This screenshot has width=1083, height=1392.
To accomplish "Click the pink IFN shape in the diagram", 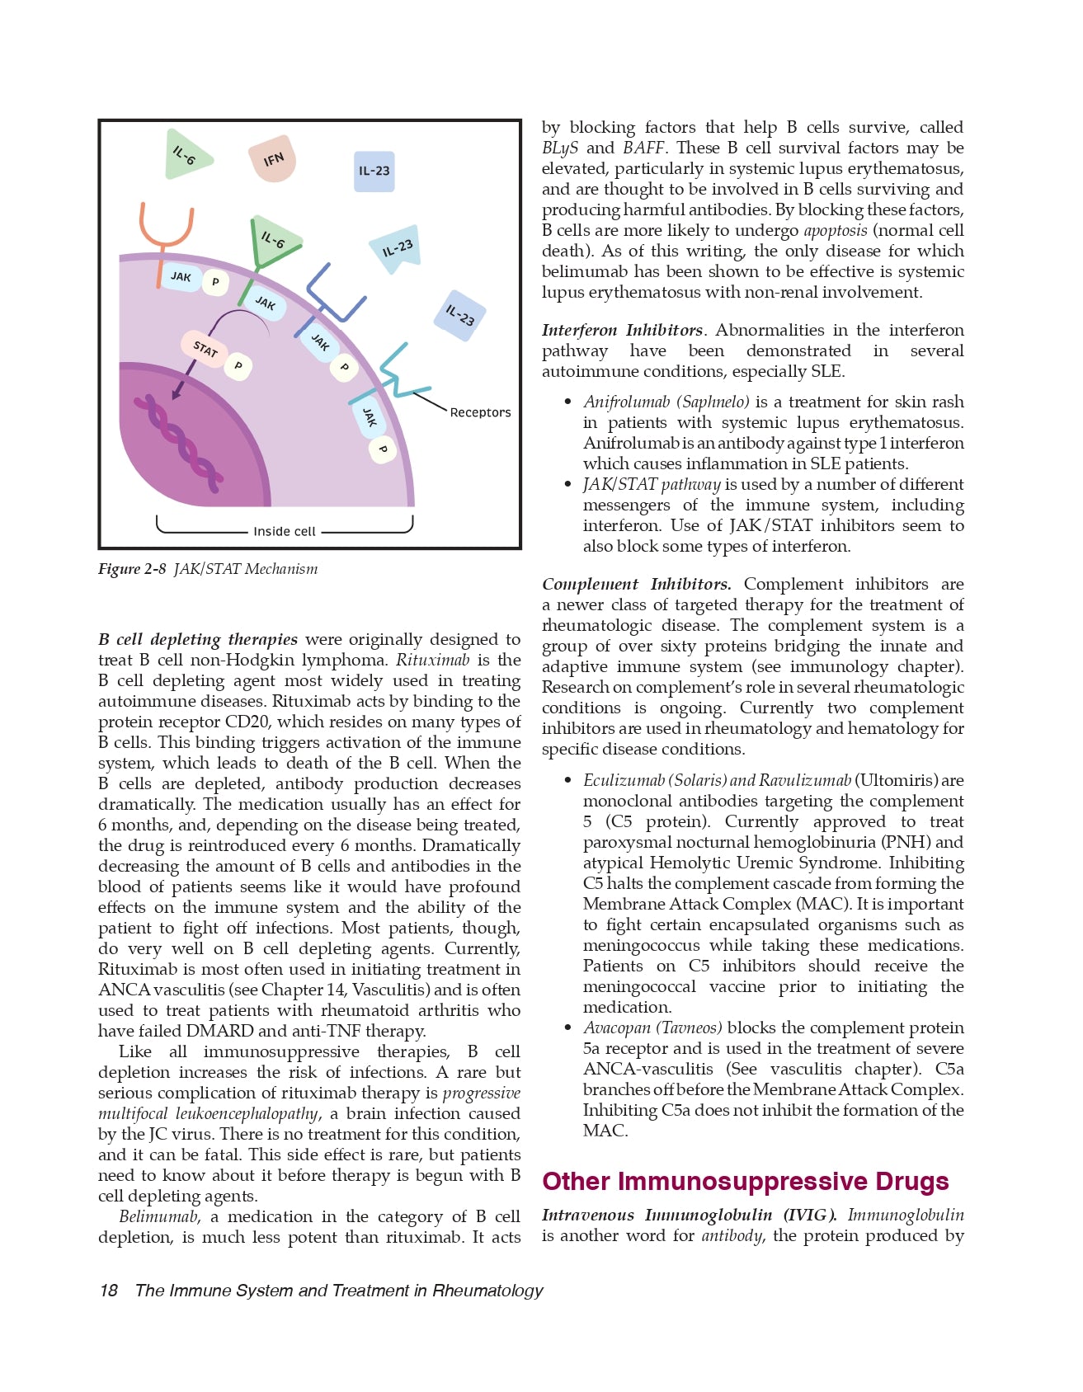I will point(273,160).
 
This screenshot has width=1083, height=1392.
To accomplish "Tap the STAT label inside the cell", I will point(205,349).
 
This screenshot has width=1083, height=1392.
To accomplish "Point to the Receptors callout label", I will point(480,412).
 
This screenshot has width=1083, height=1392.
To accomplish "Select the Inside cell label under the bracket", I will point(285,531).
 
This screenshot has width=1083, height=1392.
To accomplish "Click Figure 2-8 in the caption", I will point(132,569).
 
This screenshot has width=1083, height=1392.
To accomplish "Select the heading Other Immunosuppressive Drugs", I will point(745,1182).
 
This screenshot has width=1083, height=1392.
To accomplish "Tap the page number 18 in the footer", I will point(108,1291).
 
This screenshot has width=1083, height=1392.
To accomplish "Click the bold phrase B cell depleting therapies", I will point(198,639).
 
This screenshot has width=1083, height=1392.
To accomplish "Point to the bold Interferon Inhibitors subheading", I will point(622,330).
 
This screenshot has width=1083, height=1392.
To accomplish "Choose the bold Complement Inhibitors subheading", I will point(636,584).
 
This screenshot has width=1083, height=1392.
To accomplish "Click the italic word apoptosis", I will point(835,230).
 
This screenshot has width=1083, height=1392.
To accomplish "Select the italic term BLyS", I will point(559,148).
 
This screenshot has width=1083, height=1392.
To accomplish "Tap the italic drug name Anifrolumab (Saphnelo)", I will point(666,402).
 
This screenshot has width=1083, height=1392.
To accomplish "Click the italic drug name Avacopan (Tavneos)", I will point(652,1028).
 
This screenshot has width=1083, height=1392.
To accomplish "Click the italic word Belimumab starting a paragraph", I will point(159,1216).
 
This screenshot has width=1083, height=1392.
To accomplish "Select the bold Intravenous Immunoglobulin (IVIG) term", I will point(689,1215).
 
